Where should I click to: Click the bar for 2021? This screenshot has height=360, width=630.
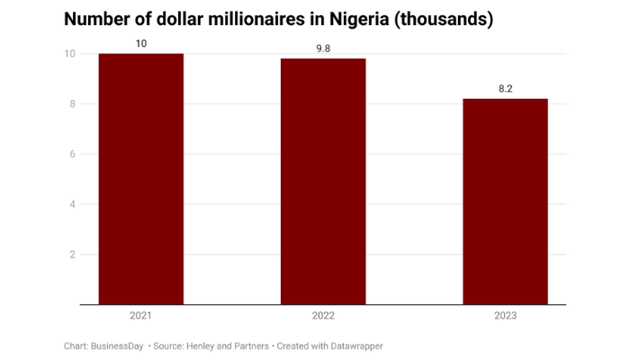tap(140, 179)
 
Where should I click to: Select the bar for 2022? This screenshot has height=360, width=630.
tap(323, 182)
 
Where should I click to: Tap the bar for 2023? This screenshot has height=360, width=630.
tap(505, 202)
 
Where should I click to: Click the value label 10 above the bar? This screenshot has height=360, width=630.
tap(140, 43)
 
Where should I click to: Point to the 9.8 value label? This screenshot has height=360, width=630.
tap(323, 49)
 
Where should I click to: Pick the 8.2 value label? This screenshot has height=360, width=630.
tap(505, 88)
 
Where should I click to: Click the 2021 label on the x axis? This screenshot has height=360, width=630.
tap(140, 316)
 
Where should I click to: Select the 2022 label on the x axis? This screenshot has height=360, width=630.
tap(323, 316)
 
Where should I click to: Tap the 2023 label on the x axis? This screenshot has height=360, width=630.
tap(505, 316)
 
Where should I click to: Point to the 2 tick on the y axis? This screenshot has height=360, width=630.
tap(70, 255)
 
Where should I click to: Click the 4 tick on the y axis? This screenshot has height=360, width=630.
tap(70, 204)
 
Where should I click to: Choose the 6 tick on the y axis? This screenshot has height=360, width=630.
tap(70, 154)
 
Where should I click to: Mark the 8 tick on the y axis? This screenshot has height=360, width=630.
tap(70, 103)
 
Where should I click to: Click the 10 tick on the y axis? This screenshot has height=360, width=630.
tap(68, 54)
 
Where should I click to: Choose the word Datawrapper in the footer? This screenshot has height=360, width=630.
tap(354, 346)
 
